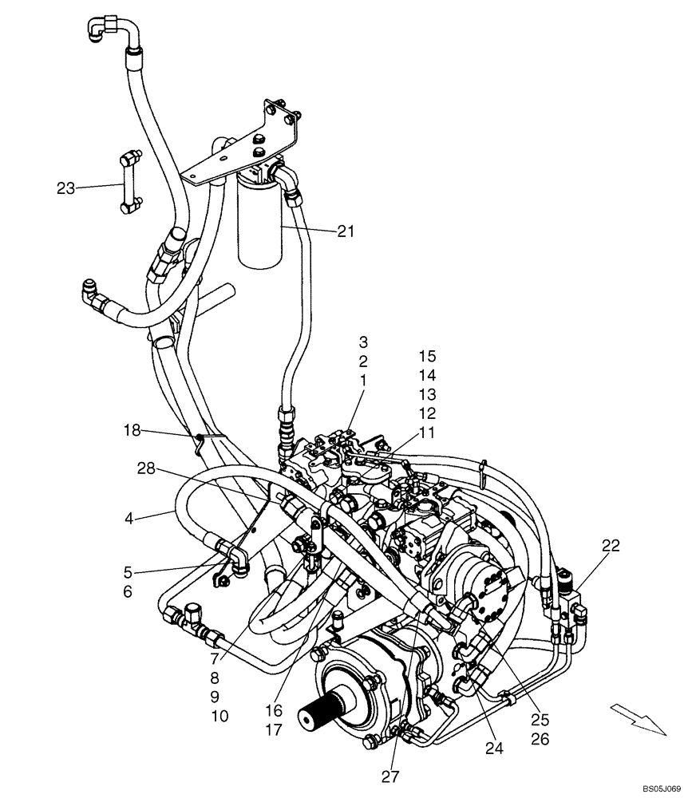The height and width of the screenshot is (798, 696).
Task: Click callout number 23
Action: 65,188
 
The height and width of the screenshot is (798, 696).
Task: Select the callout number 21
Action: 345,231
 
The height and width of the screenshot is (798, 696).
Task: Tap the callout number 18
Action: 132,431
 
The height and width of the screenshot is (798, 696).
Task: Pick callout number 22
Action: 611,546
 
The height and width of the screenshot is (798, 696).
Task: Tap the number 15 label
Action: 427,357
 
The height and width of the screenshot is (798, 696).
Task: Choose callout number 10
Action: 219,716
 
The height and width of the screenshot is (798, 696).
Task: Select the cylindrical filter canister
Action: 260,223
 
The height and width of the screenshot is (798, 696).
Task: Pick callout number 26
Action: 540,740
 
